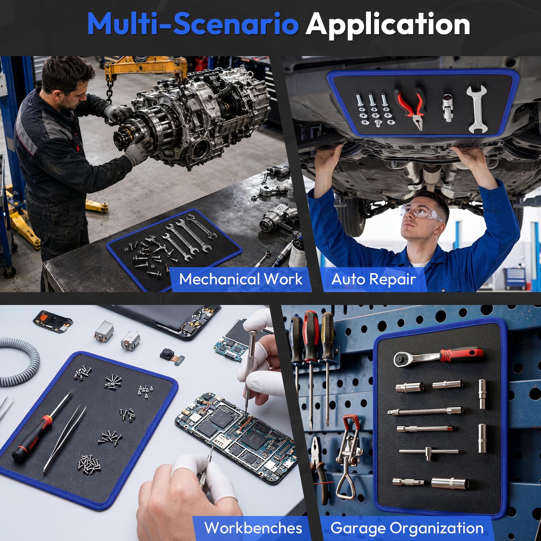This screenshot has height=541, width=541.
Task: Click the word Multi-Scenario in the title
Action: [x=193, y=24]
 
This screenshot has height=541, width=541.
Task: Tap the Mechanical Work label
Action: [x=241, y=279]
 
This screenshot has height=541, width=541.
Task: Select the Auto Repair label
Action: [x=374, y=279]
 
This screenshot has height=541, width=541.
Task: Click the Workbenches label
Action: [x=253, y=528]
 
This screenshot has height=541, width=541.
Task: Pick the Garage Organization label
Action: [x=407, y=528]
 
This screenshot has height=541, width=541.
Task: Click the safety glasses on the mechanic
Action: [x=420, y=213]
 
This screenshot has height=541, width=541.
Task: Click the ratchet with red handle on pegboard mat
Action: [x=439, y=356]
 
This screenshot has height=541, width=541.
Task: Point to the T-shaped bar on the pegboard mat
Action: [x=429, y=451]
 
